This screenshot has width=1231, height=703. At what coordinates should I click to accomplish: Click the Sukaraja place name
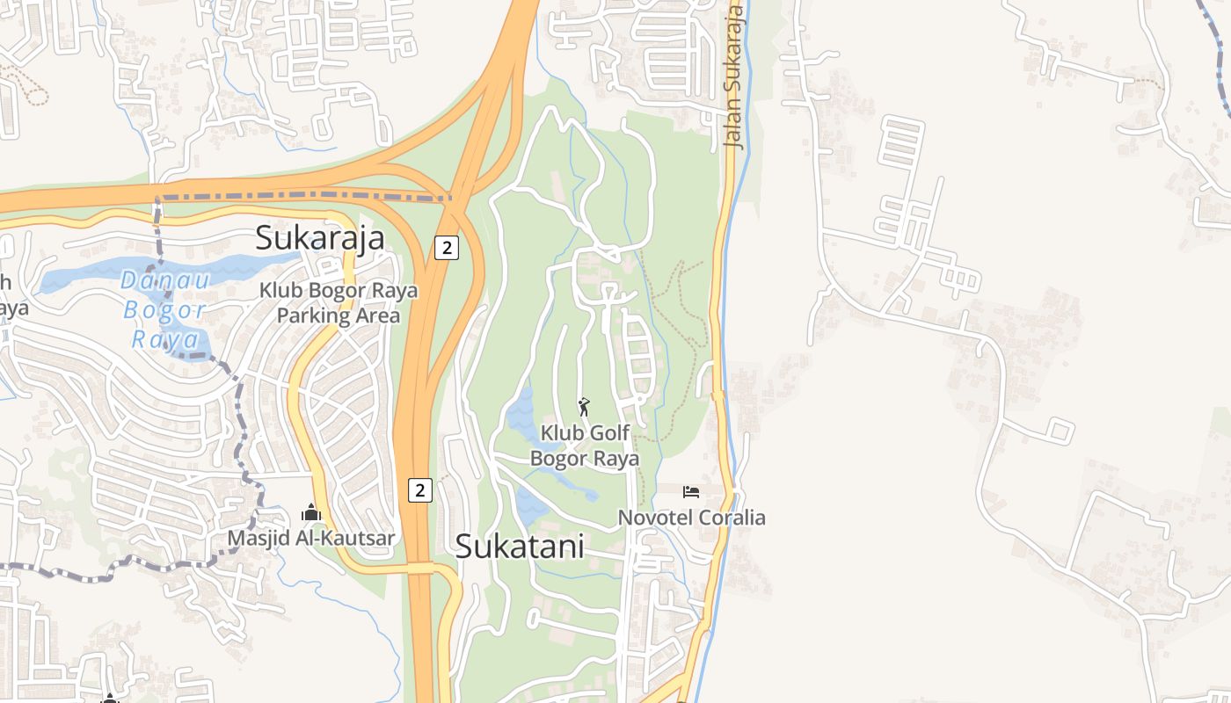320,238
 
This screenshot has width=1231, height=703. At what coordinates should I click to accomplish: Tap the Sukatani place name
519,547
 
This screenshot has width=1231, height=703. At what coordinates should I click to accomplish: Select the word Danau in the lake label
165,281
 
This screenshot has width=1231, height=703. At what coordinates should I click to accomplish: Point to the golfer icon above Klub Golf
584,407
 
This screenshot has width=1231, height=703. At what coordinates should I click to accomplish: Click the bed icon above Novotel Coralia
691,491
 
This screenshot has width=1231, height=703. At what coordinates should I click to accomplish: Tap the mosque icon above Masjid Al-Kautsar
310,512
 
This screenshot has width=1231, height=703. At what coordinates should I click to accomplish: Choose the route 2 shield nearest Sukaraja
447,248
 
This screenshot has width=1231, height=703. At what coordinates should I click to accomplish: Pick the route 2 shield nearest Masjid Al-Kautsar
420,490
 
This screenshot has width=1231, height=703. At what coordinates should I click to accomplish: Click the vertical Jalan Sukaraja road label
733,77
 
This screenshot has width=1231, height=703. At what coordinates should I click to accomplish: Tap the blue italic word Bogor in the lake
164,310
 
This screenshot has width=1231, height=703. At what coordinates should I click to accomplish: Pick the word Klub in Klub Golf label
560,433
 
